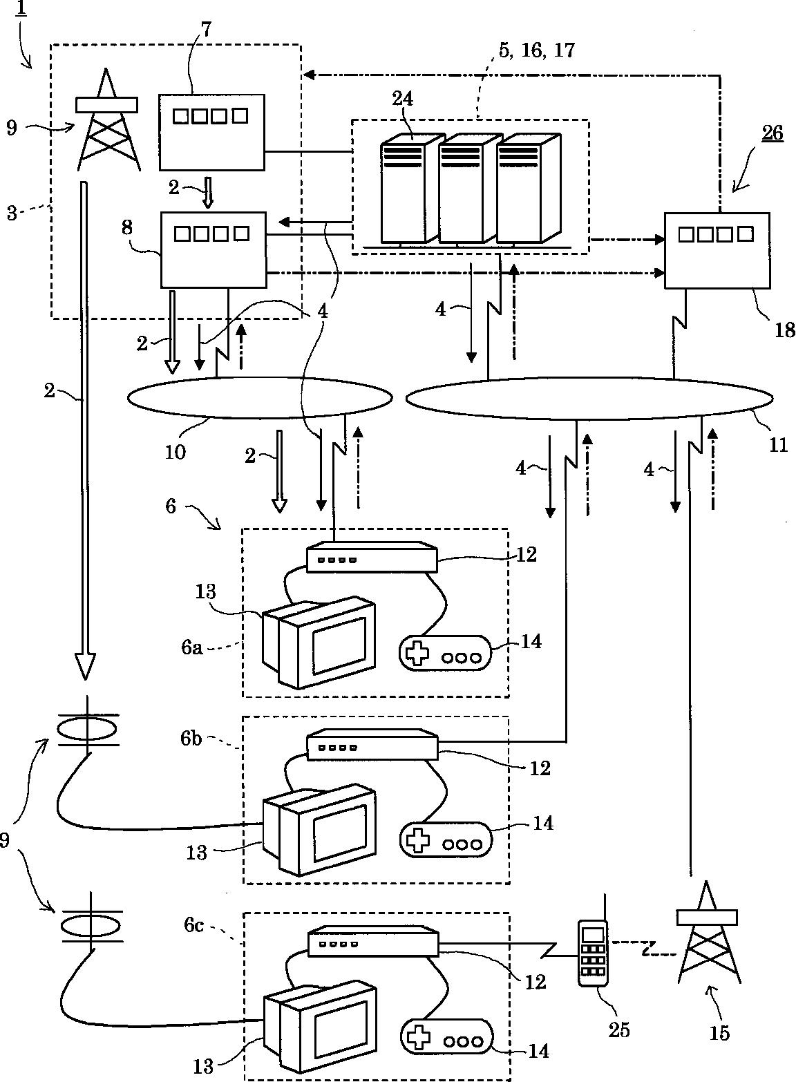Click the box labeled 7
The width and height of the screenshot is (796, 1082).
(x=211, y=131)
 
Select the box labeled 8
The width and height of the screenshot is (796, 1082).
(x=213, y=249)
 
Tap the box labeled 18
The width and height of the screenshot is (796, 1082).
(x=717, y=250)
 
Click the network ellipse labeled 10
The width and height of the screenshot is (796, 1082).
(x=260, y=397)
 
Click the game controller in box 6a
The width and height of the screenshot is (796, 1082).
(x=445, y=654)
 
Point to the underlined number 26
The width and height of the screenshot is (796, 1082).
(x=772, y=133)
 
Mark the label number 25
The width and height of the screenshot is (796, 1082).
(x=618, y=1029)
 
